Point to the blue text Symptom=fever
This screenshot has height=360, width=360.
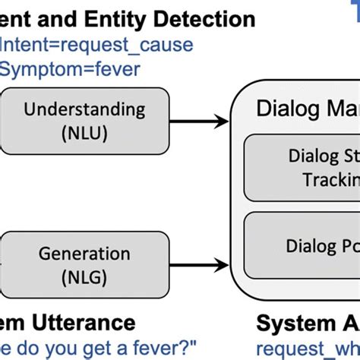pyautogui.click(x=73, y=71)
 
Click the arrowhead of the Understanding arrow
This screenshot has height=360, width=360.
pyautogui.click(x=222, y=120)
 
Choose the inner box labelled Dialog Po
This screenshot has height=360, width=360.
pyautogui.click(x=304, y=246)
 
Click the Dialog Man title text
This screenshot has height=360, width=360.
pyautogui.click(x=308, y=108)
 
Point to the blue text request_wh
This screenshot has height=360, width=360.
pyautogui.click(x=308, y=348)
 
